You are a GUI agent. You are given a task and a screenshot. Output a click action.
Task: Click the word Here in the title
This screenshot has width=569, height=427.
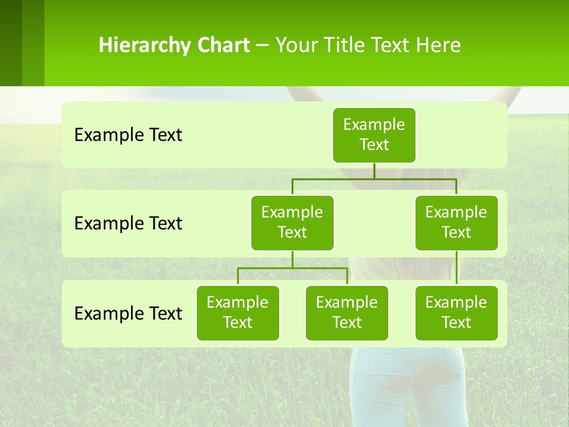pyautogui.click(x=437, y=46)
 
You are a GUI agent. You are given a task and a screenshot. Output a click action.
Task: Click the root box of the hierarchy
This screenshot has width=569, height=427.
pyautogui.click(x=374, y=135)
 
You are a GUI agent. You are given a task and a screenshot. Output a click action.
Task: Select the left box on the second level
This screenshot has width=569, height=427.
pyautogui.click(x=292, y=223)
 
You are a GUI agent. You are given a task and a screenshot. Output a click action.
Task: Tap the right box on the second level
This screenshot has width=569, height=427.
pyautogui.click(x=456, y=223)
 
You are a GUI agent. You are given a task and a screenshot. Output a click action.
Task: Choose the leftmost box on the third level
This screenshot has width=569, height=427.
pyautogui.click(x=238, y=313)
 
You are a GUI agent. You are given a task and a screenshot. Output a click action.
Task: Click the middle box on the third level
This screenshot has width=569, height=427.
pyautogui.click(x=347, y=313)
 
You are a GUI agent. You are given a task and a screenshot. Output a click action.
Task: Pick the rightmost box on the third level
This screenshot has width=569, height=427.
pyautogui.click(x=456, y=313)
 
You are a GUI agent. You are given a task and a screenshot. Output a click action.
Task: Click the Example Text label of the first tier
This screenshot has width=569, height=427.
pyautogui.click(x=128, y=135)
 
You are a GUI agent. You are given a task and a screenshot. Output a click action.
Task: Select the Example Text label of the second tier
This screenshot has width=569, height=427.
pyautogui.click(x=128, y=224)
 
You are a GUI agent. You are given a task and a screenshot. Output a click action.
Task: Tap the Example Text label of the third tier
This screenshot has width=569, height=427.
pyautogui.click(x=128, y=313)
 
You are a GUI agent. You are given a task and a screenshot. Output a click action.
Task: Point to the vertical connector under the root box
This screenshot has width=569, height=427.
pyautogui.click(x=374, y=171)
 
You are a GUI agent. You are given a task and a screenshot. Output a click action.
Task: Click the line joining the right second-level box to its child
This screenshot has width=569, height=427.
pyautogui.click(x=456, y=268)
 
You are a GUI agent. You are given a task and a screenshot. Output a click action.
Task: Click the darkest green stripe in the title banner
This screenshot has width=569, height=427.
pyautogui.click(x=11, y=43)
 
